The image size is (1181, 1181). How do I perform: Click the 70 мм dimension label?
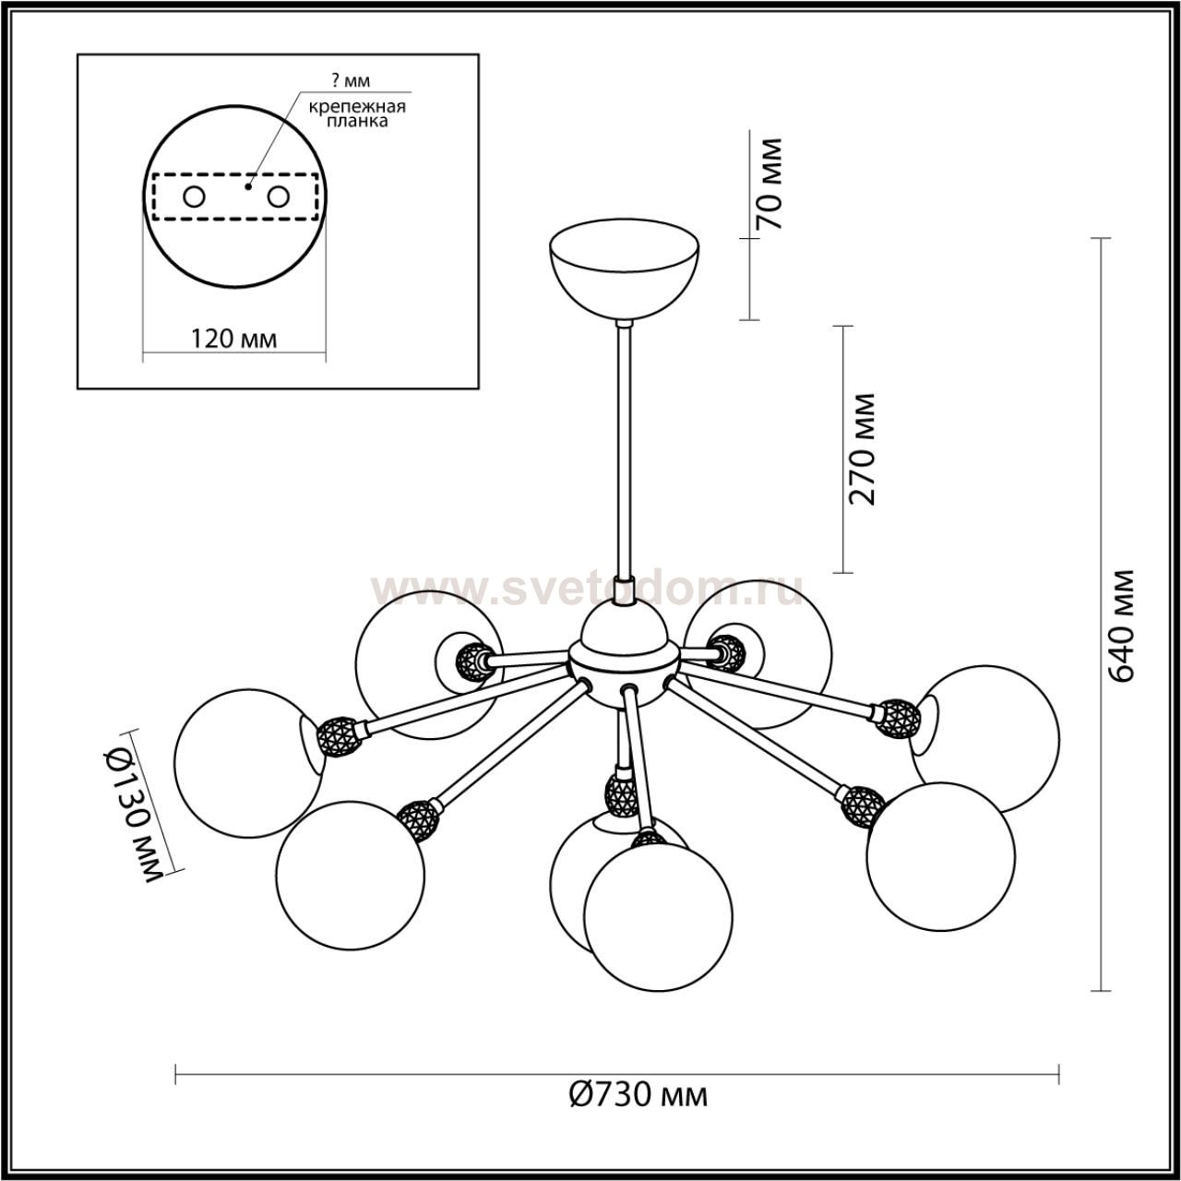768,184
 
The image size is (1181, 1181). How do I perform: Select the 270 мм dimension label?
862,448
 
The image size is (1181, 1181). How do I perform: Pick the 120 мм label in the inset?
233,338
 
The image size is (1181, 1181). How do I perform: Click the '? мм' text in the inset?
343,82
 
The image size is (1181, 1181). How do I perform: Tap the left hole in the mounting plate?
195,197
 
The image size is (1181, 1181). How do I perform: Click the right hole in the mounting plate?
278,197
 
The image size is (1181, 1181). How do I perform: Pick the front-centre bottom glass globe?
660,913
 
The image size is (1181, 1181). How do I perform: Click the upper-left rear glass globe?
415,646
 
